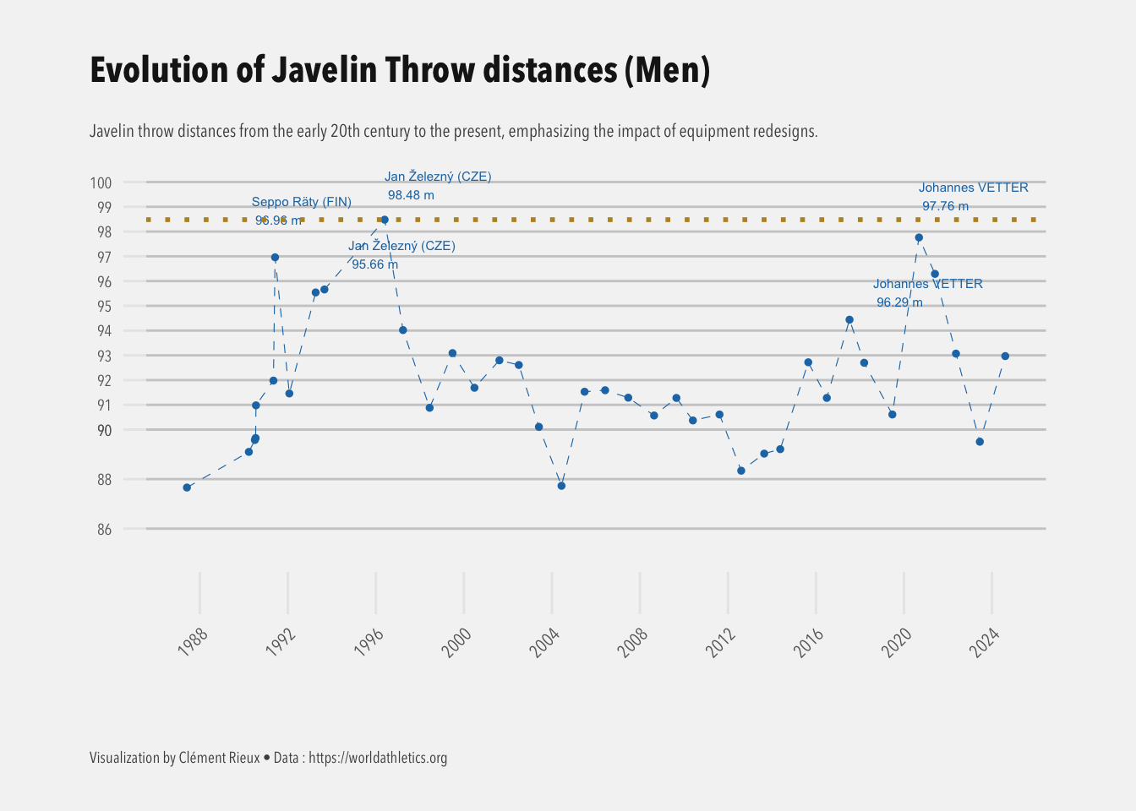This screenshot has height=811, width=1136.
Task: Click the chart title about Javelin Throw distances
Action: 399,70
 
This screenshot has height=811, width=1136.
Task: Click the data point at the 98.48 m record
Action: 385,220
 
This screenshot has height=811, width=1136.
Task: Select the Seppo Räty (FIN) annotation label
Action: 302,202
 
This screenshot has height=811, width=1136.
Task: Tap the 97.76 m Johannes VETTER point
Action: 919,237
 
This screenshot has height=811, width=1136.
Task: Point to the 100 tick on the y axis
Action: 101,182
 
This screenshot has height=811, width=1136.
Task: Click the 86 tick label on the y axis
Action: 104,530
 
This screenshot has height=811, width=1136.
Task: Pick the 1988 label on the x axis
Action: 194,642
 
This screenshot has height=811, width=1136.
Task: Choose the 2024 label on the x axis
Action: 986,642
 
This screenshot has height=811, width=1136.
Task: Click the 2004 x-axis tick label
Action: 545,642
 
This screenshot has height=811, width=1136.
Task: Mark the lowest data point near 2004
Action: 561,486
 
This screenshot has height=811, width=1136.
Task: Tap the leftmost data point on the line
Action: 187,487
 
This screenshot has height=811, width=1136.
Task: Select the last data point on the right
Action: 1005,356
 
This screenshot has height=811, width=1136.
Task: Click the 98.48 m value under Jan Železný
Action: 411,195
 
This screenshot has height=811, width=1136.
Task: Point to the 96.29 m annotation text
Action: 899,302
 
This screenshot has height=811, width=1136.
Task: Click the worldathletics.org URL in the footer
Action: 378,758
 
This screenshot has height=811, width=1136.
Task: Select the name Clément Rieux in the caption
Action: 220,758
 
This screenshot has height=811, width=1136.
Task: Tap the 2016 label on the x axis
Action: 810,642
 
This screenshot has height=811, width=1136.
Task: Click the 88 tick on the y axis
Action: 104,480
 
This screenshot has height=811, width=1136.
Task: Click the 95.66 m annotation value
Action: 374,264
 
